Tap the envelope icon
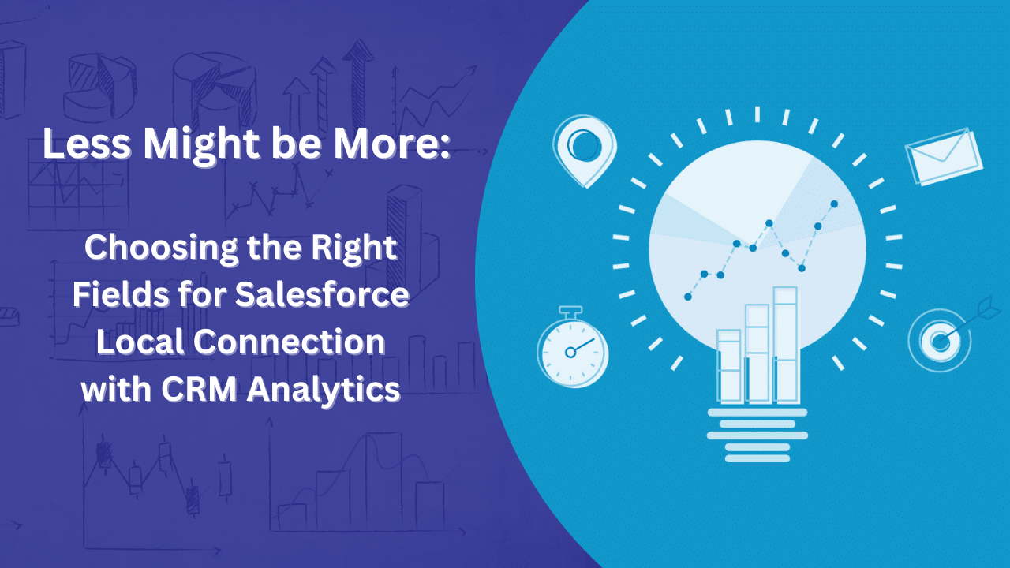pos(944,156)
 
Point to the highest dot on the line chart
pos(834,204)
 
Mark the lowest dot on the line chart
pos(688,297)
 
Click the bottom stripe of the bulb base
pos(757,458)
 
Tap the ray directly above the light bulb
pos(757,114)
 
